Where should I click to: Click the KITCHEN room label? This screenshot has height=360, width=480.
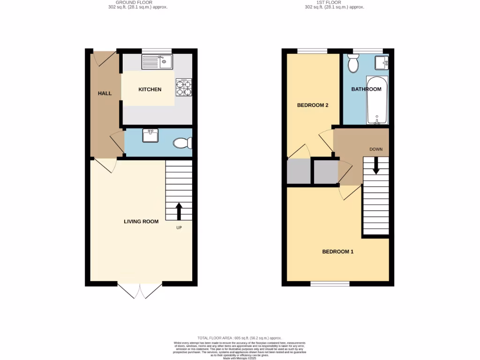tap(150, 90)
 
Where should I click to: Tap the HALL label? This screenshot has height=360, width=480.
tap(105, 93)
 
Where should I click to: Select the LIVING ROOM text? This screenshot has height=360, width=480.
tap(141, 221)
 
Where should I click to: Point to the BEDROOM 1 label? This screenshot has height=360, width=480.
tap(337, 252)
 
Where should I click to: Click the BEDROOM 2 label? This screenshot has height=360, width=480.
tap(313, 105)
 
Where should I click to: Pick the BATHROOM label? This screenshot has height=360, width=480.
tap(367, 89)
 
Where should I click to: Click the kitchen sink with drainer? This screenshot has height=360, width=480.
tap(157, 61)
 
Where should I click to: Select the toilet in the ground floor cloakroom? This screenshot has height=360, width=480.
tap(182, 143)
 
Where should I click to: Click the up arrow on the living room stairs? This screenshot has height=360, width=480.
tap(179, 211)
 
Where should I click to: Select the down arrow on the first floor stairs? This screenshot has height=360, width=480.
tap(376, 165)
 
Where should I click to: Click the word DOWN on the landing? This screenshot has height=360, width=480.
tap(376, 150)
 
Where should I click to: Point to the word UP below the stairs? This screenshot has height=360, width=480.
tap(179, 228)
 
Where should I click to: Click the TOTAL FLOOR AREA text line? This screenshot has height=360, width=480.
tap(240, 338)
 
